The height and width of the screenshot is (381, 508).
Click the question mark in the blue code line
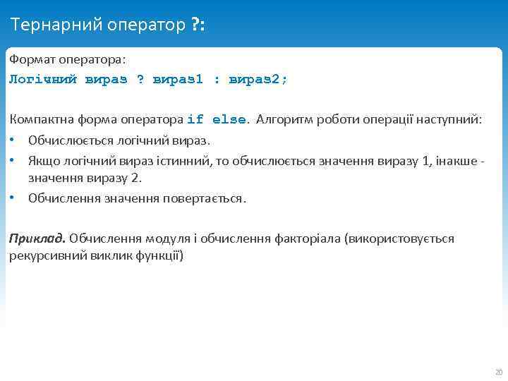140,79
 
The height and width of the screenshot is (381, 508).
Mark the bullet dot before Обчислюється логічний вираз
13,141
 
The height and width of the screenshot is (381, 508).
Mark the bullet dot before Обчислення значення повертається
13,198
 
